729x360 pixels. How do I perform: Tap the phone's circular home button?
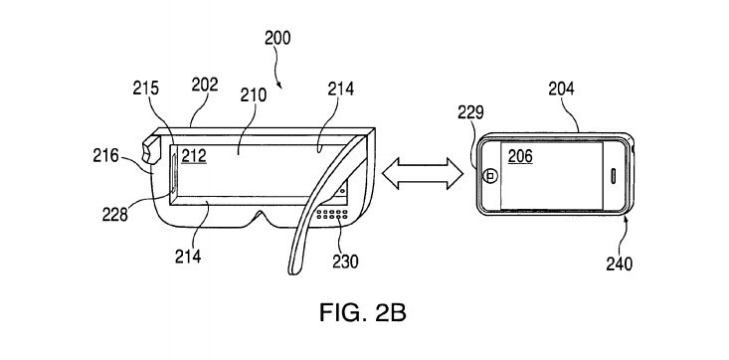pyautogui.click(x=489, y=175)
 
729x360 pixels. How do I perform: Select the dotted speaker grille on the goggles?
pyautogui.click(x=329, y=216)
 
